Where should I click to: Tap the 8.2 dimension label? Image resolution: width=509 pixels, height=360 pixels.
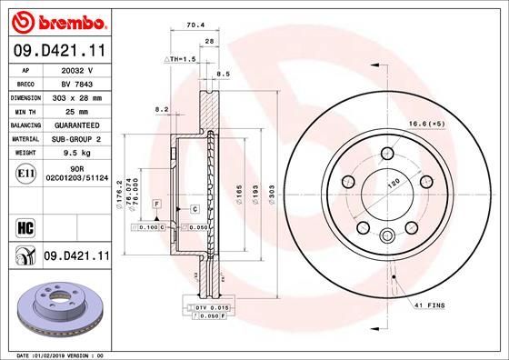coord(163,109)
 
